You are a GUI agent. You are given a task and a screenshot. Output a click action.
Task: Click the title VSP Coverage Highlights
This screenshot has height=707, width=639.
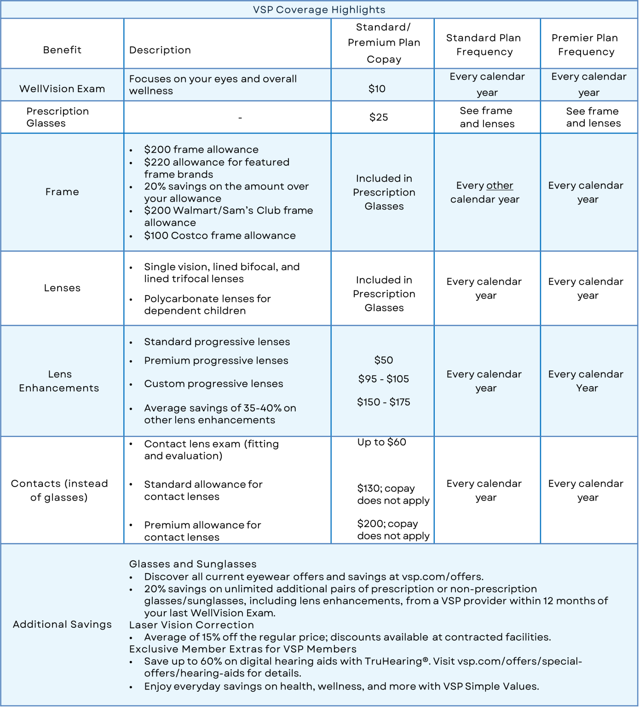click(319, 10)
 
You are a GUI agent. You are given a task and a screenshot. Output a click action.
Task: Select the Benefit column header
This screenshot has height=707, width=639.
click(62, 50)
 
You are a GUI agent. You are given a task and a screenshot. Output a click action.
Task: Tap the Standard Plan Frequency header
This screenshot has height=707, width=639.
click(484, 45)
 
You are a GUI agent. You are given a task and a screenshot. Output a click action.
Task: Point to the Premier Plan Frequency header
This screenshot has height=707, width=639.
click(586, 45)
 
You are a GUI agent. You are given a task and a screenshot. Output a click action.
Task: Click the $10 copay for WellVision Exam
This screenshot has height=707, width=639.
click(377, 89)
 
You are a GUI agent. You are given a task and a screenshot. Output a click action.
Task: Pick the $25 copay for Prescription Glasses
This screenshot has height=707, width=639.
click(379, 117)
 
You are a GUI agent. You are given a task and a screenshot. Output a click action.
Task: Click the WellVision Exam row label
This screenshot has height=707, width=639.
click(62, 89)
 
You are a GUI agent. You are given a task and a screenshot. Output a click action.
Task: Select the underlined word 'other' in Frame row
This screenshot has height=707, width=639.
click(500, 185)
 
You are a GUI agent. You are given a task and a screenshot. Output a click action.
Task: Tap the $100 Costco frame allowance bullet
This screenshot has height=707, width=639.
click(219, 236)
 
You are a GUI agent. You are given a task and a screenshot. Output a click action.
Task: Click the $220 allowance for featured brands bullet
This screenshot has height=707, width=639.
click(216, 168)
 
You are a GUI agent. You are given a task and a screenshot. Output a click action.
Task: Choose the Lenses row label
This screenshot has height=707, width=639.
click(62, 288)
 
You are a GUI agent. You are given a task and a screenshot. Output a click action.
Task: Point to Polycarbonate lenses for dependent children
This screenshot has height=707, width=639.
click(207, 305)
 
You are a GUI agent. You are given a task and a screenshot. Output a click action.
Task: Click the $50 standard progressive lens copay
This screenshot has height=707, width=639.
click(384, 360)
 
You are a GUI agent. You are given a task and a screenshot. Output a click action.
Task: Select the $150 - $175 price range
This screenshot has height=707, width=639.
click(384, 402)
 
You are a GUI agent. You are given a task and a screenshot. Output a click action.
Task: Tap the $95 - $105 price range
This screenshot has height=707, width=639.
click(384, 379)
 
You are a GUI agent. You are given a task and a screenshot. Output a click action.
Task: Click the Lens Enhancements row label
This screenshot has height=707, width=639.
click(59, 381)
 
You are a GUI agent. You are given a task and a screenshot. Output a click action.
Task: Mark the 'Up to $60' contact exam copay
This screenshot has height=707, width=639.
click(381, 442)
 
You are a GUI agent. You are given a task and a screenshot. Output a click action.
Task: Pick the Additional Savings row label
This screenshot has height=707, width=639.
click(62, 625)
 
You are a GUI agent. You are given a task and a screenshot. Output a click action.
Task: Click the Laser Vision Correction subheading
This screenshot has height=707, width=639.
click(191, 625)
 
